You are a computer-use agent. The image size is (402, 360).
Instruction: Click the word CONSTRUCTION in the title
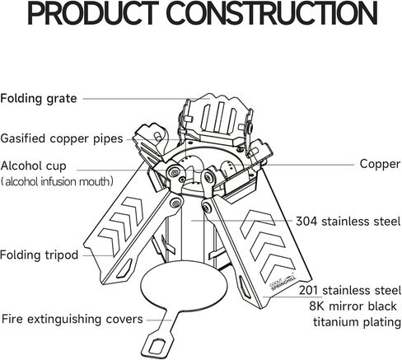point(272,13)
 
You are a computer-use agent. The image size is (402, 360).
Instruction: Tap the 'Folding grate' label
point(39,99)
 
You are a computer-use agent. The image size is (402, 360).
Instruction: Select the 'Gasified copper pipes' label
point(62,138)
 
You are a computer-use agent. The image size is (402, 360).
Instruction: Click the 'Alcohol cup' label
point(34,166)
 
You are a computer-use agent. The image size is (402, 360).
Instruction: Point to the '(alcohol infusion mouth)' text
point(57,181)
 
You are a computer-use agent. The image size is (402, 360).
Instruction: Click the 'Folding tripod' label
point(40,255)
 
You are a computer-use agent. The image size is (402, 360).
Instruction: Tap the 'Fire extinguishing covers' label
point(72,319)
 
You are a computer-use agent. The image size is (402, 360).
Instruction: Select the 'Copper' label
point(380,164)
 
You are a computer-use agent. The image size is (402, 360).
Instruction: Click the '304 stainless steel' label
point(348,221)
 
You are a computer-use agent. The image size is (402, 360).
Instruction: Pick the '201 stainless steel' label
point(350,290)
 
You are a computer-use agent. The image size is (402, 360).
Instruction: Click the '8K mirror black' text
point(353,306)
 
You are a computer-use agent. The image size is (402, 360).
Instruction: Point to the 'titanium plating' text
point(357,322)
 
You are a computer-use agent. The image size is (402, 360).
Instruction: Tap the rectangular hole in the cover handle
point(158,345)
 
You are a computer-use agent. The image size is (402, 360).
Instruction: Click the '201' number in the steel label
point(309,290)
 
